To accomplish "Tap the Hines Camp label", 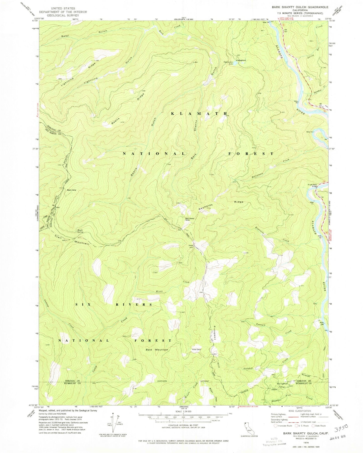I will (197, 350).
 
